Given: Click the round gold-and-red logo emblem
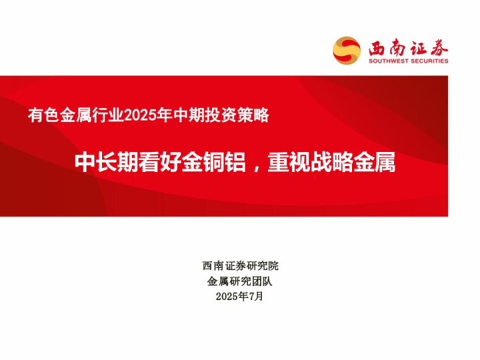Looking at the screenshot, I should (347, 51).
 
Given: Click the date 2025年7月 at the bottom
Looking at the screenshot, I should (240, 297).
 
